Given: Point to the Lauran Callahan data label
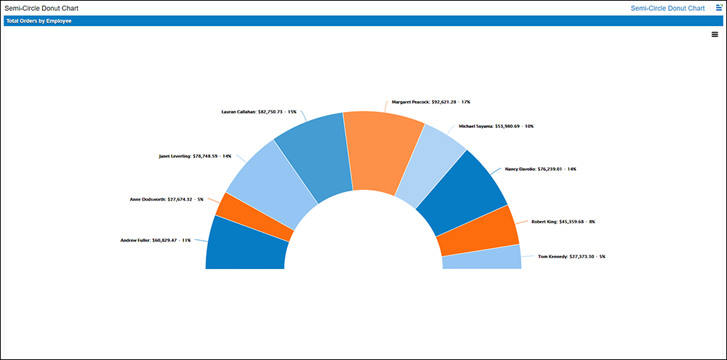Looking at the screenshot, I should (x=259, y=112).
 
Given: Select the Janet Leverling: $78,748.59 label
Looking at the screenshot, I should (x=195, y=156).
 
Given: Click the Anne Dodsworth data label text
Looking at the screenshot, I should (x=166, y=199).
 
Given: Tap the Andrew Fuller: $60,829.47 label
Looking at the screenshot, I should (x=155, y=240).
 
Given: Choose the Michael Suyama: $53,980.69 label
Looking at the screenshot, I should (x=496, y=126).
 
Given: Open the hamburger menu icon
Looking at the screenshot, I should (x=715, y=34).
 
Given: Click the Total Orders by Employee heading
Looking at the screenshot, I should (x=39, y=21).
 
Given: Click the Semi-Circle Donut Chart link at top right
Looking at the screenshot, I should (x=667, y=8).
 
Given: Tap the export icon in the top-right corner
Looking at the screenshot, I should (x=718, y=7).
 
